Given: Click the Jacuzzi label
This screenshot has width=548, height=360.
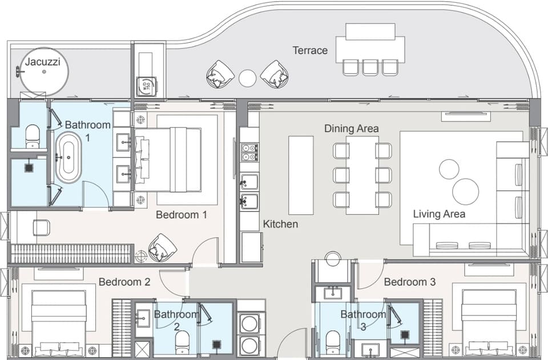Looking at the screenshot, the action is coord(43,62).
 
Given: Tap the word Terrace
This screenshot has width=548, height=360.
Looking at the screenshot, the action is coord(310,50).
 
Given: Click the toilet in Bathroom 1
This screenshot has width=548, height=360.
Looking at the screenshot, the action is coord(32,136).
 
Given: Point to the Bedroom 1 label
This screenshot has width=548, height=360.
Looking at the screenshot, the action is coord(182,215).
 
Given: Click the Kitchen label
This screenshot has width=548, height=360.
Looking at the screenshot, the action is coord(280,224).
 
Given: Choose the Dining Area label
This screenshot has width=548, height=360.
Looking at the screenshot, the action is coord(351,128).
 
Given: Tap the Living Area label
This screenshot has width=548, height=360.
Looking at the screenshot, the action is coord(439,214).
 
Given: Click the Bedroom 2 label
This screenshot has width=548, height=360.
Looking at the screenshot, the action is coord(124,282).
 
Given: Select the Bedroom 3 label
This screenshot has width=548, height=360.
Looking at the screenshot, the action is coord(410,282).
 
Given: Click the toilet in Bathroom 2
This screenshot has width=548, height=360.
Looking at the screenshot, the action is coord(182,342).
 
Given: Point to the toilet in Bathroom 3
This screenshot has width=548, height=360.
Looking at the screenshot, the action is coord(333,342).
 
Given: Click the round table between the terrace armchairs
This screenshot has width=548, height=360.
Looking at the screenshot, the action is coord(247,78).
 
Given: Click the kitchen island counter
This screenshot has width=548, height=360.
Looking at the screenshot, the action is coord(301,175).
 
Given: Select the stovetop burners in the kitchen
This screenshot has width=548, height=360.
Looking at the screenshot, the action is coord(249,152).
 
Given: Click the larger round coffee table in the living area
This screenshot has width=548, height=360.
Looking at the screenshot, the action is coord(466,192).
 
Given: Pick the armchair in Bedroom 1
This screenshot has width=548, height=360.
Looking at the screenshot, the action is coord(162,247).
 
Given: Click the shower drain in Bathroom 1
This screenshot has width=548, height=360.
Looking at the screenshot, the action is coord(29,168).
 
